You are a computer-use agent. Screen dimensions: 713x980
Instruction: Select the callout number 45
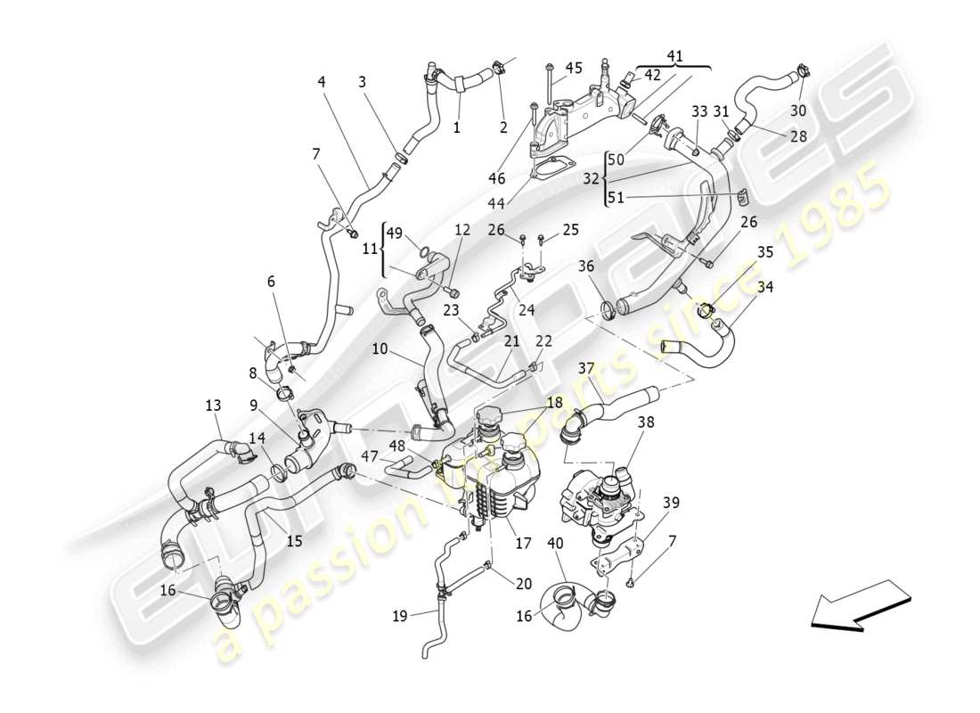(x=574, y=68)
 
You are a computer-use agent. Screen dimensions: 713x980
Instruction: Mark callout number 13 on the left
(x=213, y=406)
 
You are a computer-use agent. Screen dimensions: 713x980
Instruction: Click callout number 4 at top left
(x=321, y=81)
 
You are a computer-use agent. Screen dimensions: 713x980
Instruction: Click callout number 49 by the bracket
(x=395, y=234)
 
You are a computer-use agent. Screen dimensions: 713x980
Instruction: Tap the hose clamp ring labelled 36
(x=610, y=309)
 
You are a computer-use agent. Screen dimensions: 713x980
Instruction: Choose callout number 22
(x=543, y=341)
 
